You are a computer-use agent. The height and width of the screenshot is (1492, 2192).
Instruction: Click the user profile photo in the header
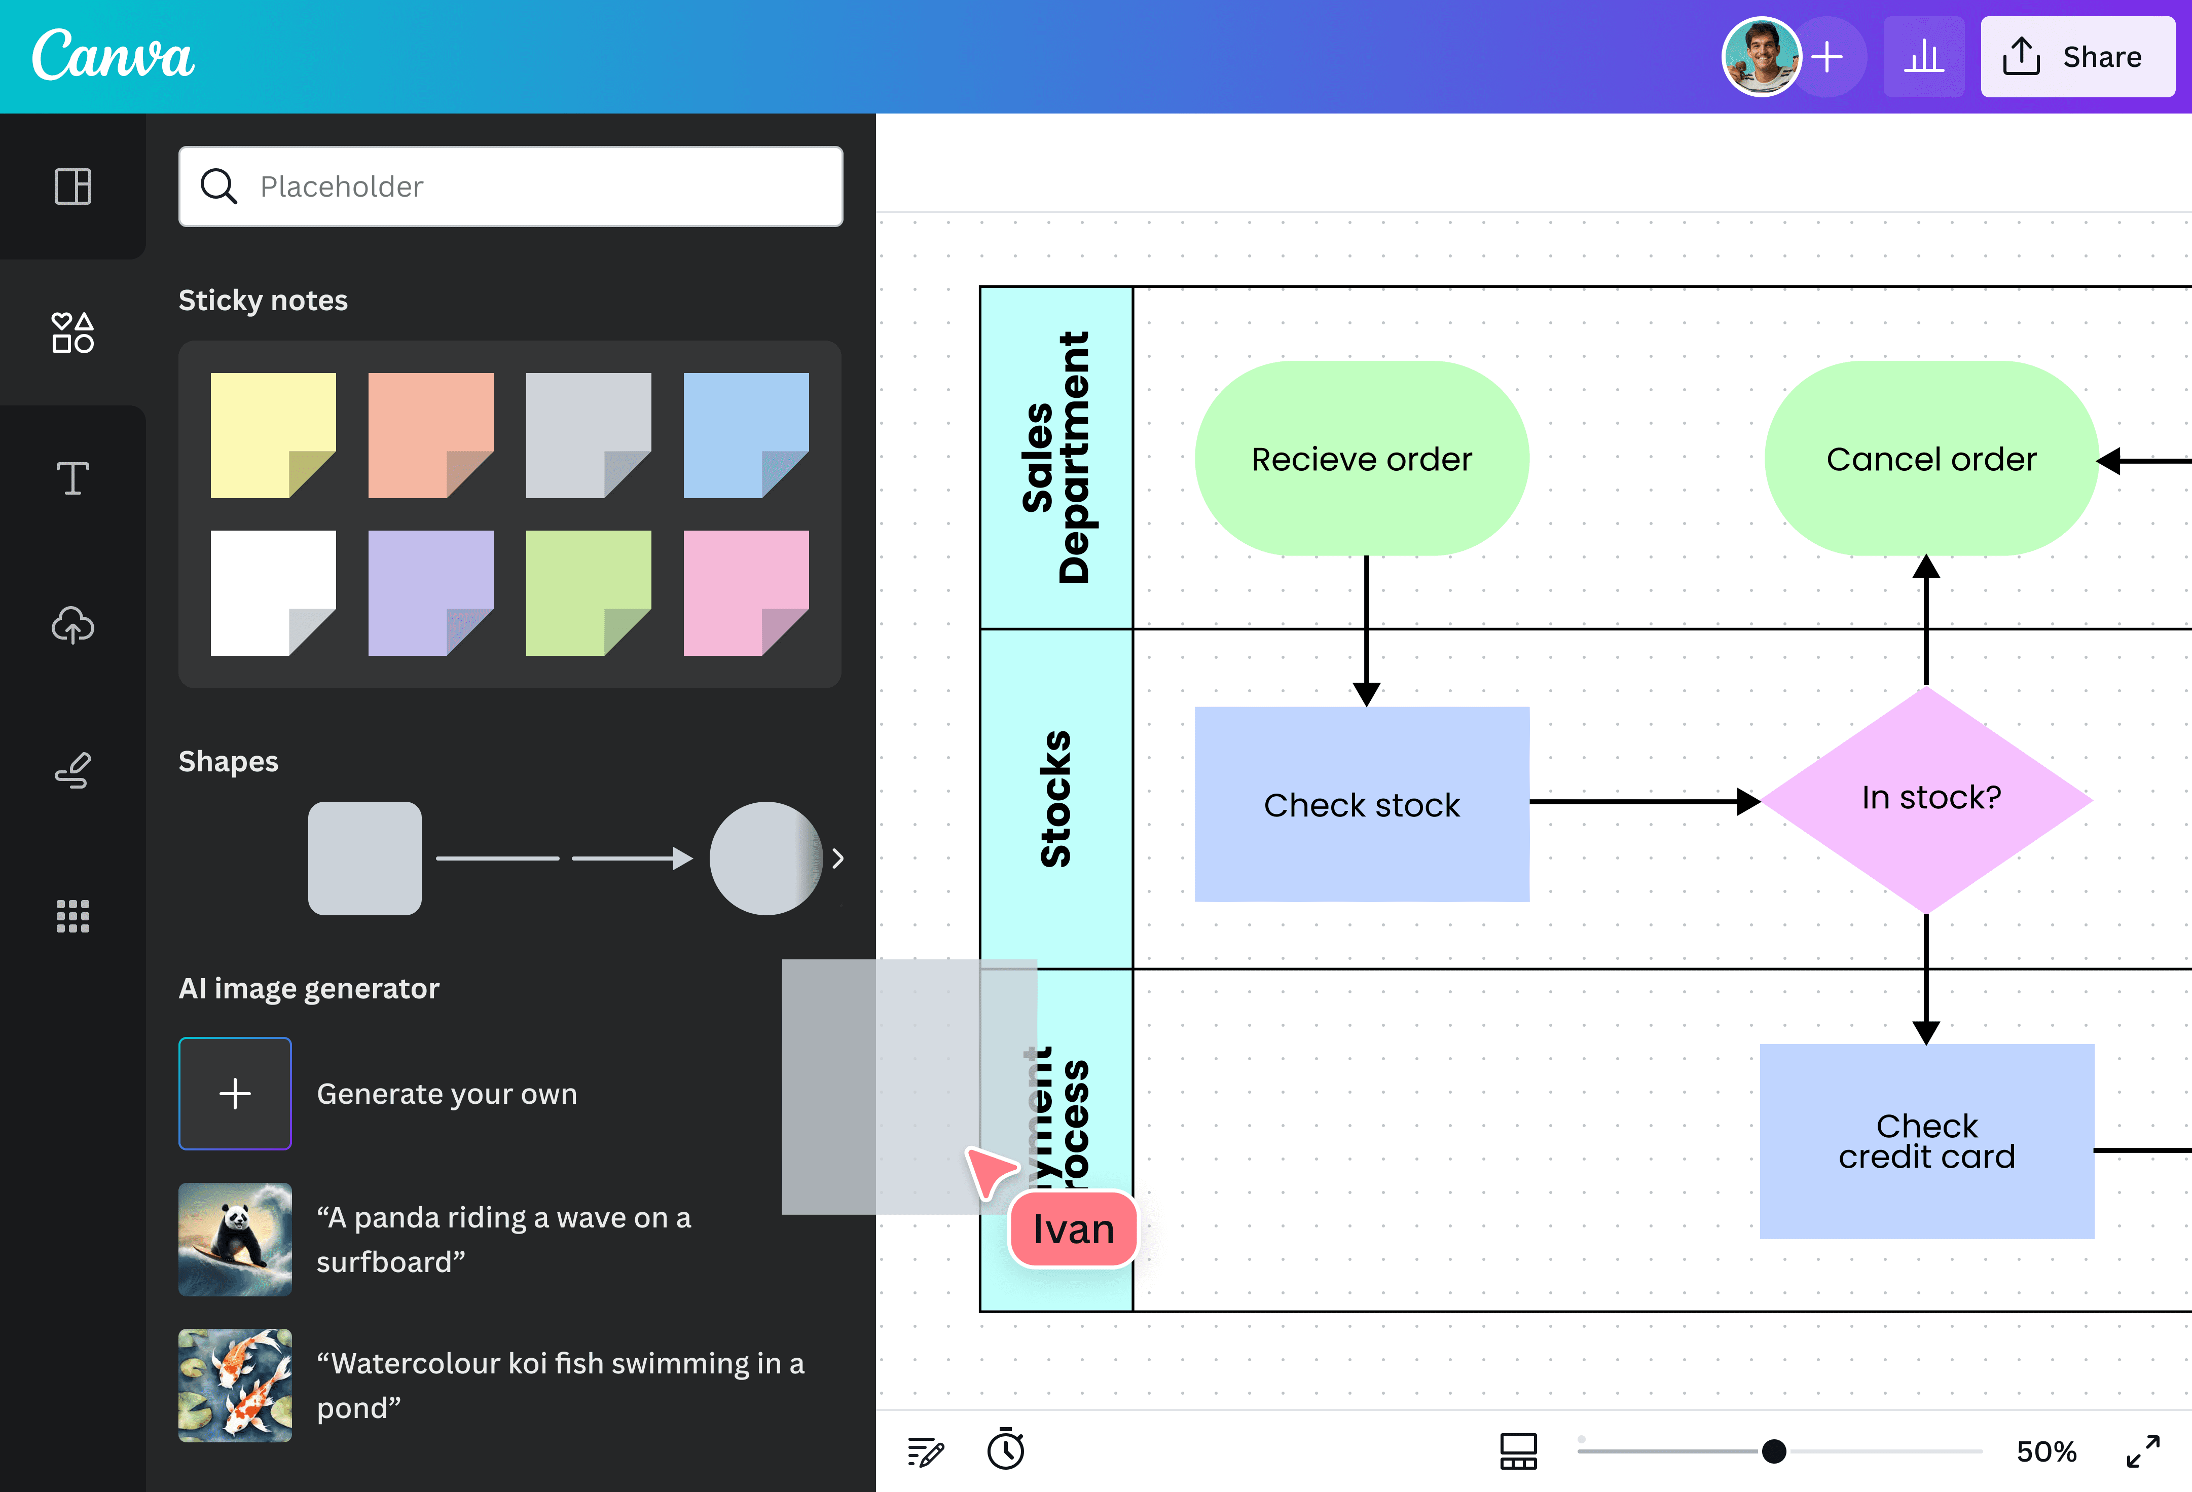1760,57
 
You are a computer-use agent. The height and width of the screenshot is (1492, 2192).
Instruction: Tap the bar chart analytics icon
1923,57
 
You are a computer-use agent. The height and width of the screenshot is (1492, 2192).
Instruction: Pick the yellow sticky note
273,435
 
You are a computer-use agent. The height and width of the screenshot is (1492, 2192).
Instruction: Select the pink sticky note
745,592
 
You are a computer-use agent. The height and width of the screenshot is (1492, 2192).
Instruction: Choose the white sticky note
273,592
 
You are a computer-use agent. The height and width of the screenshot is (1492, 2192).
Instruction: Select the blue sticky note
745,435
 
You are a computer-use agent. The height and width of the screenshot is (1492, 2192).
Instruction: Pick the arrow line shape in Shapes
632,858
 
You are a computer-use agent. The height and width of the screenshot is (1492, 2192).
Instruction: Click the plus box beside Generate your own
235,1093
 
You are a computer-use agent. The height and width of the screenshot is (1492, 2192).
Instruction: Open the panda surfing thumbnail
235,1239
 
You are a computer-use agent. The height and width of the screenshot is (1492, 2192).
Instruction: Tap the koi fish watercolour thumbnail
235,1385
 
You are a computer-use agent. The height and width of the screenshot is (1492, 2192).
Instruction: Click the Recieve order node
1361,458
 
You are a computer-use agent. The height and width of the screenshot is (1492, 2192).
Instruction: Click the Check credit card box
1927,1141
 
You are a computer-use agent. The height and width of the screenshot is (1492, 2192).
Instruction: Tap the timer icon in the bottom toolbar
1005,1449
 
